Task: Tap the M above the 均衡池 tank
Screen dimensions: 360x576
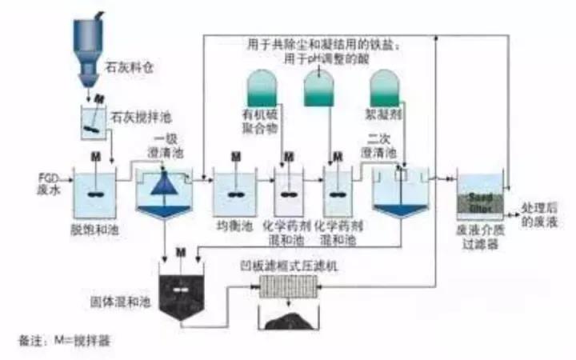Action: coord(234,155)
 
